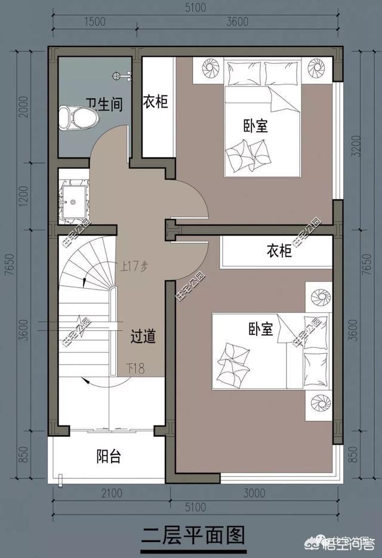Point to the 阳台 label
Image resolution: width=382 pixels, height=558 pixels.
point(109,457)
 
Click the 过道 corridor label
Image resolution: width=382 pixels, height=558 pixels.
point(143,337)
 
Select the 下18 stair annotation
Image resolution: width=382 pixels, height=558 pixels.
point(135,368)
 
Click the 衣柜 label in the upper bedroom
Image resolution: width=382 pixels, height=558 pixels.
point(155,102)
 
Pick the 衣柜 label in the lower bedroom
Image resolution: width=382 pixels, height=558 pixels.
point(278,251)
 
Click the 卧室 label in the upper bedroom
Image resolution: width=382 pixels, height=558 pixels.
point(255,126)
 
